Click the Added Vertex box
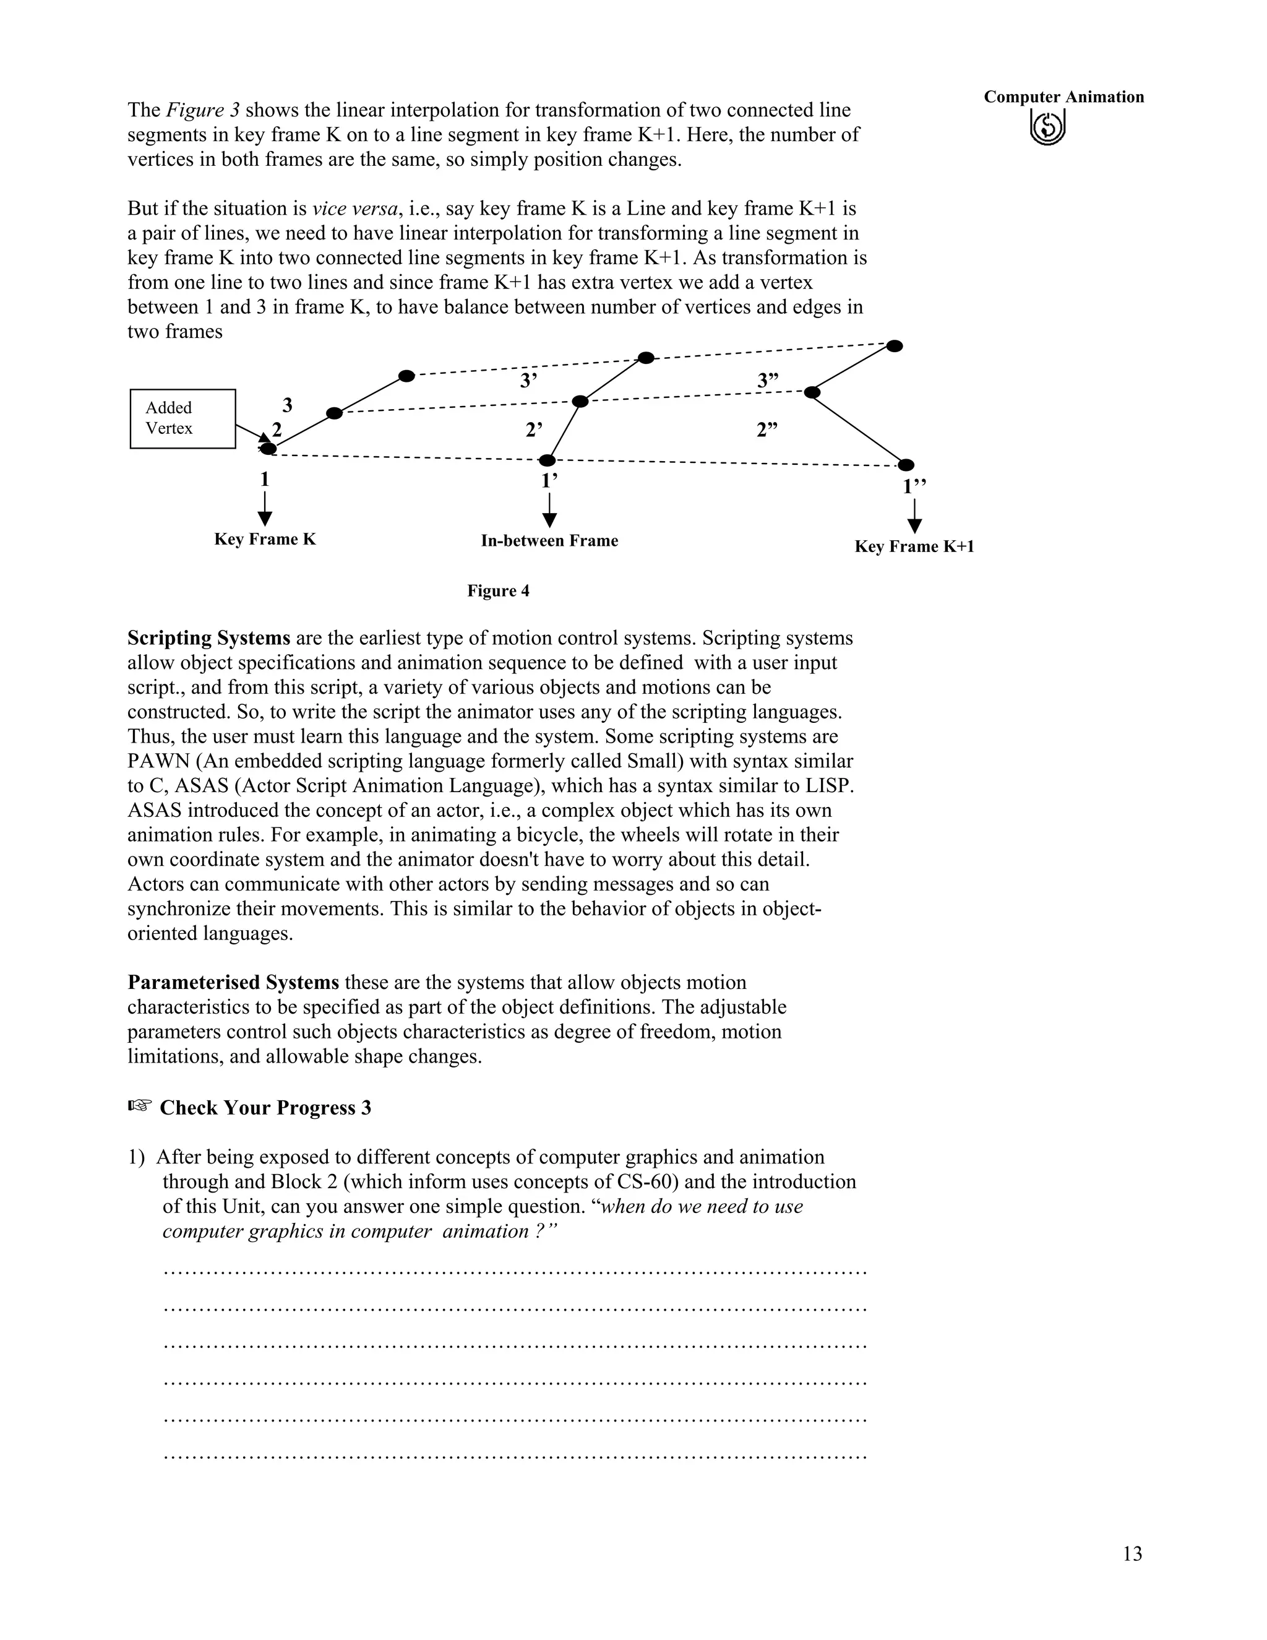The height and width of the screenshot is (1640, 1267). (x=183, y=418)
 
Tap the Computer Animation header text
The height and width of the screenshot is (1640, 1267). (x=1063, y=97)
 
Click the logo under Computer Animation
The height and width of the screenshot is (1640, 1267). (x=1047, y=127)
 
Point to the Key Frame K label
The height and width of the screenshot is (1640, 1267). (x=265, y=539)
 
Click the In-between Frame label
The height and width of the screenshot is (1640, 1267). (x=549, y=541)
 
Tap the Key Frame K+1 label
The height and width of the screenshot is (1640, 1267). (x=914, y=546)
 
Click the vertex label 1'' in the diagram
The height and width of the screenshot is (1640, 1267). (x=914, y=486)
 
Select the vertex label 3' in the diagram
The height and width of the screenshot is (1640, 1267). (x=528, y=381)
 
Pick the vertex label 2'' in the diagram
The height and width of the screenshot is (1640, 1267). (x=767, y=429)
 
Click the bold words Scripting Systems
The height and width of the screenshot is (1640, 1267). (x=208, y=638)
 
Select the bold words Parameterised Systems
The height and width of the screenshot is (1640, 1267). (x=233, y=982)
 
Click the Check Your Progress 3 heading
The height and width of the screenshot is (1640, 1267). (x=265, y=1108)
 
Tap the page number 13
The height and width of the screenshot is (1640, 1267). (x=1132, y=1553)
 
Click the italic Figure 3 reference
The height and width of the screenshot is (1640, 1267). (x=203, y=110)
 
